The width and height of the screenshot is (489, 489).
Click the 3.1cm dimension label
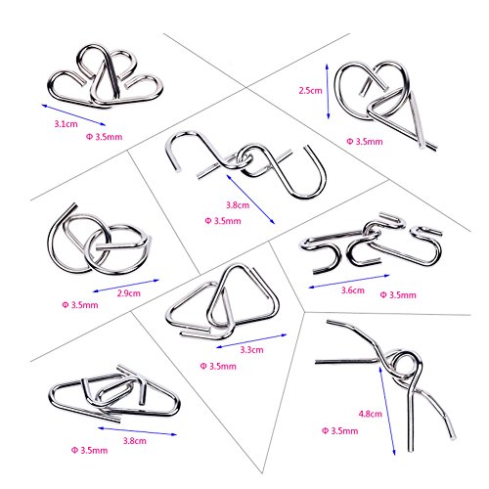click(66, 124)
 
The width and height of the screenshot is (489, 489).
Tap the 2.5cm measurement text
click(310, 90)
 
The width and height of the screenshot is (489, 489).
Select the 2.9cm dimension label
click(129, 293)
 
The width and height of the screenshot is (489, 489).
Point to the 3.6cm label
click(353, 290)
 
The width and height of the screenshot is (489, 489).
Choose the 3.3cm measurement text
click(251, 350)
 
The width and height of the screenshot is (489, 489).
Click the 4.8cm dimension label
click(371, 414)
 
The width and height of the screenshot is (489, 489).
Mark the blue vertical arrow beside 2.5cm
click(328, 91)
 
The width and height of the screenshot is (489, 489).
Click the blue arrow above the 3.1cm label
click(73, 114)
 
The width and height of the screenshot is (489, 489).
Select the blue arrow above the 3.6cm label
click(349, 282)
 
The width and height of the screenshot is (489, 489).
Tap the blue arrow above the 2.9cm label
click(126, 286)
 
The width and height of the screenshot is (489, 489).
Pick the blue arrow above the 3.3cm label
click(251, 341)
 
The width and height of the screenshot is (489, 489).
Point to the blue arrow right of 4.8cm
click(387, 411)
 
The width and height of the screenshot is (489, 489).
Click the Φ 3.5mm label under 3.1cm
click(104, 137)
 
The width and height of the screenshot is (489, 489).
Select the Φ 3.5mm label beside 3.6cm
click(398, 295)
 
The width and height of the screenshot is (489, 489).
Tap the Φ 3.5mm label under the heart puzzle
click(365, 142)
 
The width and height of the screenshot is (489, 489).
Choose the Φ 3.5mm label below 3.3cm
click(218, 366)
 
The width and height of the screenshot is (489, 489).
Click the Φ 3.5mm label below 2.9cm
click(80, 305)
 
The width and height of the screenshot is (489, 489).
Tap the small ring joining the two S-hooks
click(244, 157)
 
